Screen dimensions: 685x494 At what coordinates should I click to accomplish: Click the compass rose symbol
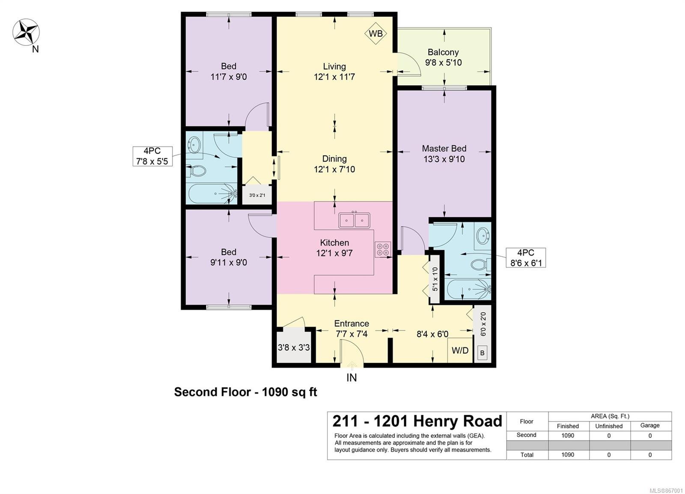26,32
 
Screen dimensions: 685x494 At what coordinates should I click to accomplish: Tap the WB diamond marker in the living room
375,33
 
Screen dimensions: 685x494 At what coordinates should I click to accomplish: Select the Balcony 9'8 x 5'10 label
443,57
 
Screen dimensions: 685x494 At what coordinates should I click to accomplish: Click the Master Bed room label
444,154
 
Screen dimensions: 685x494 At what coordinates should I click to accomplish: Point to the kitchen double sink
354,220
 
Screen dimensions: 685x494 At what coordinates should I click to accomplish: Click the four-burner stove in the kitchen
383,249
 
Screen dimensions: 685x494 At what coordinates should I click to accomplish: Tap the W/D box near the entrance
460,350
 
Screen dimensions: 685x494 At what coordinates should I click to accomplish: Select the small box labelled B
482,353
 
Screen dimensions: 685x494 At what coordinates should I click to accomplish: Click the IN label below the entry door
351,378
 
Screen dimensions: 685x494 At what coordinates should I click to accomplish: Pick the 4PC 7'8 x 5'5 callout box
152,156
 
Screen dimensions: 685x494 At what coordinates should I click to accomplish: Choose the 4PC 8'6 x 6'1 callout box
526,258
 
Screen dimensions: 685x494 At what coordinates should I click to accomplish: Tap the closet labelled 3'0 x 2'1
257,195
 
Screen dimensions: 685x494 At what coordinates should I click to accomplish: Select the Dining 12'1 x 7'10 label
334,164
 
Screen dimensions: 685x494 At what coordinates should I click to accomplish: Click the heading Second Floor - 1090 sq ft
246,392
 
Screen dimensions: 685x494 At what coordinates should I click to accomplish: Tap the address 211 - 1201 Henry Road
417,421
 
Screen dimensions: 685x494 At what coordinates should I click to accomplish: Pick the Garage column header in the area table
650,425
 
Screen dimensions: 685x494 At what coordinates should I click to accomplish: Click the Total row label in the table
527,455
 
